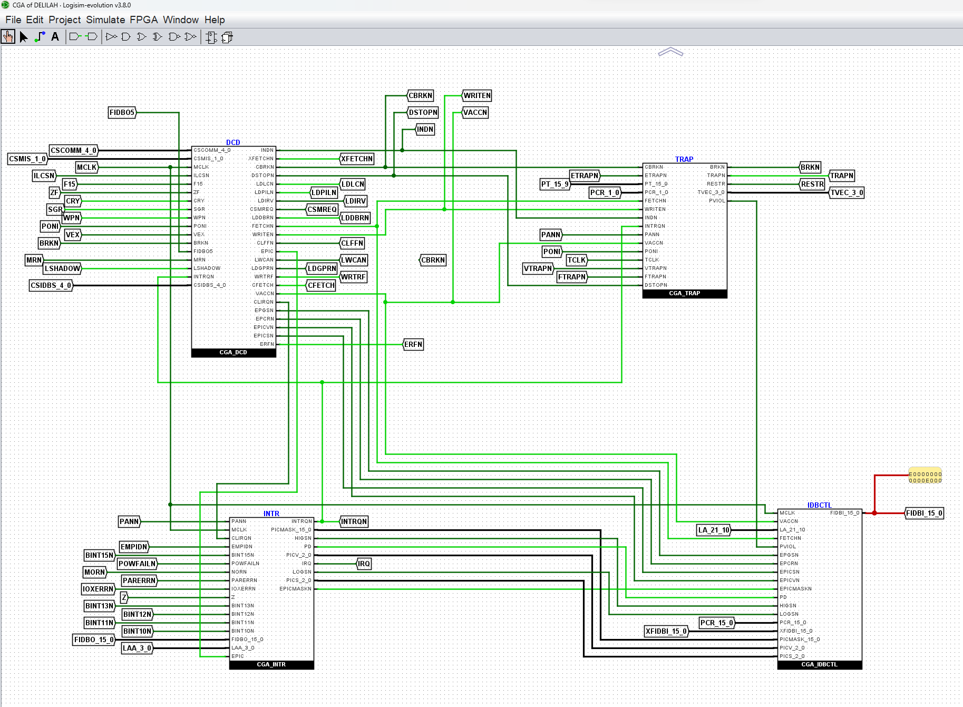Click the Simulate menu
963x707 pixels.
click(105, 20)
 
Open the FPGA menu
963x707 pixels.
click(143, 20)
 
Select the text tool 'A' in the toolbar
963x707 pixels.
click(55, 37)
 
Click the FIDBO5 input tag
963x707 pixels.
click(122, 112)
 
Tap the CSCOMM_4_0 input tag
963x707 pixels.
click(74, 150)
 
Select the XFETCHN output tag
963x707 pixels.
click(357, 159)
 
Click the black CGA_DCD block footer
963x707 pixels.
click(234, 353)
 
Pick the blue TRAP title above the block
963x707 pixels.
click(684, 159)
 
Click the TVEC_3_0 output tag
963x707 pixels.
click(847, 192)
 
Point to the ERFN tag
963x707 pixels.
click(413, 344)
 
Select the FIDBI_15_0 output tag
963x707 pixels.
click(924, 513)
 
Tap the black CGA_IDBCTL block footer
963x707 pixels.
click(820, 665)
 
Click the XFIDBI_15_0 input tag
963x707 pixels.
click(666, 631)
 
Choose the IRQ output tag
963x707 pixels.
click(364, 564)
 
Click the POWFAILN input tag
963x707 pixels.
click(137, 564)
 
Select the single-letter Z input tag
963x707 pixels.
click(124, 597)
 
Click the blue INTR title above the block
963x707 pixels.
click(271, 514)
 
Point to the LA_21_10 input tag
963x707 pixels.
click(714, 530)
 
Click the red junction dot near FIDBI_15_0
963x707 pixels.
click(874, 513)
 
